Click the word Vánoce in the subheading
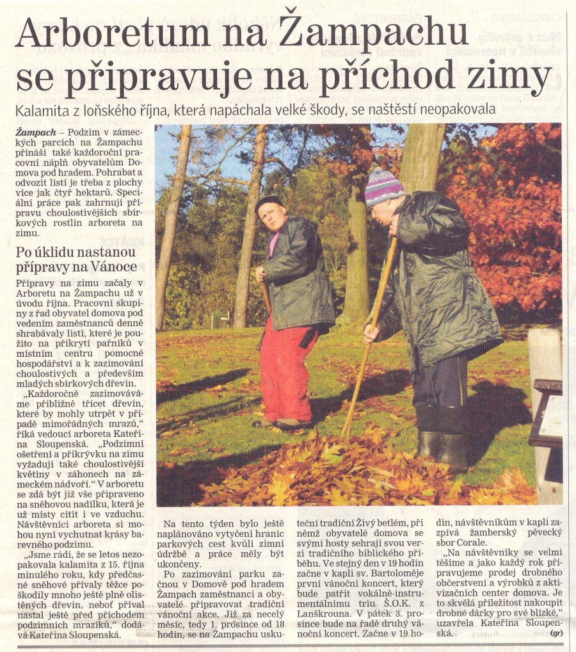[115, 266]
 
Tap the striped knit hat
[384, 186]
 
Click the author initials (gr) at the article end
[558, 633]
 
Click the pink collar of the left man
[273, 242]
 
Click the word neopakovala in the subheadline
[459, 110]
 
